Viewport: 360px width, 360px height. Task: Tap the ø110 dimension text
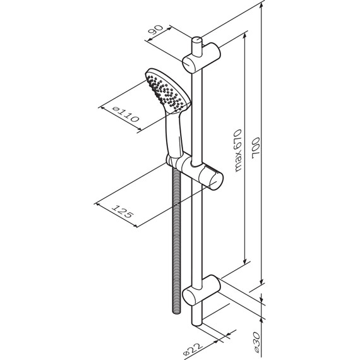pos(123,114)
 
